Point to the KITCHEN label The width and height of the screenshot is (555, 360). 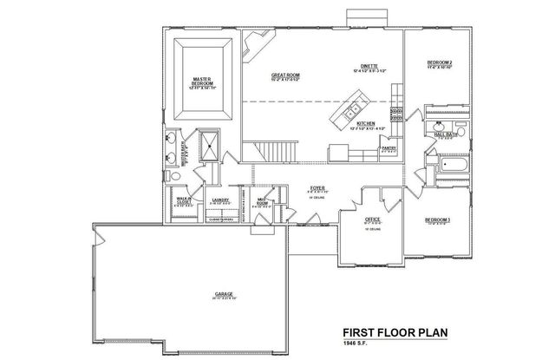click(x=367, y=125)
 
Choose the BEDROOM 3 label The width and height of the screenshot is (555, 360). click(x=438, y=220)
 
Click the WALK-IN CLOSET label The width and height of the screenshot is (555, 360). click(x=185, y=201)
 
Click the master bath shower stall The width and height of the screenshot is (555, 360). click(x=209, y=145)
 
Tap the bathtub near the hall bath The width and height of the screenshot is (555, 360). click(x=452, y=165)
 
